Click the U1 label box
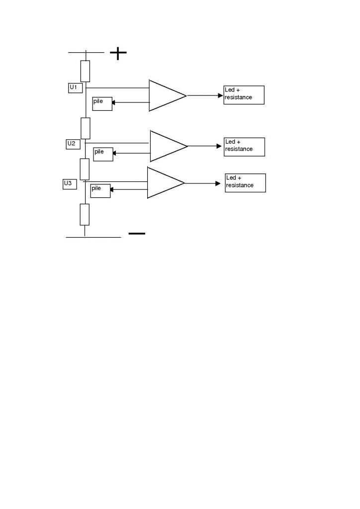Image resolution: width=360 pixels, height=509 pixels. (75, 88)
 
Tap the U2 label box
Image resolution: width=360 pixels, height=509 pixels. (73, 144)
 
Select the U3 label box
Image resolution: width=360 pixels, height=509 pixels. (70, 184)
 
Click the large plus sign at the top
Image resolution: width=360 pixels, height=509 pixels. (118, 53)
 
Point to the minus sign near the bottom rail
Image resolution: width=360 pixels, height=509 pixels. (137, 233)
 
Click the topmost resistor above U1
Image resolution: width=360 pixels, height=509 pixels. (86, 71)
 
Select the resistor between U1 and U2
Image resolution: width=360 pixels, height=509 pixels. (86, 128)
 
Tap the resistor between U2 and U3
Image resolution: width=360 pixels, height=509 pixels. (85, 169)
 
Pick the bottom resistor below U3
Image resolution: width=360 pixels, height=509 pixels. (85, 214)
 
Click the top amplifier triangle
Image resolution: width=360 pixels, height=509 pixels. (165, 95)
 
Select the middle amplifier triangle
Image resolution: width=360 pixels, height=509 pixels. (166, 146)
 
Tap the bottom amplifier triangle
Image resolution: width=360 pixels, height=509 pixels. (163, 183)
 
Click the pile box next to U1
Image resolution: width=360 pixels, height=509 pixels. (102, 103)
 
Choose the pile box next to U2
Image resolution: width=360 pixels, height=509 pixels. (103, 154)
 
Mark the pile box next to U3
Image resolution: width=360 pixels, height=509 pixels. (100, 191)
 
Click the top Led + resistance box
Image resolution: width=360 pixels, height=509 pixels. (244, 95)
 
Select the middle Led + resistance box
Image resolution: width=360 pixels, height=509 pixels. (244, 147)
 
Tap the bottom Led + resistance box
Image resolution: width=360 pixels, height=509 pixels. (245, 183)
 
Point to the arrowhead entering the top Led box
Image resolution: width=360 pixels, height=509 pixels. (221, 95)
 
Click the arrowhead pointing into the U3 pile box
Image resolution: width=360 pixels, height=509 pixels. (112, 189)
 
